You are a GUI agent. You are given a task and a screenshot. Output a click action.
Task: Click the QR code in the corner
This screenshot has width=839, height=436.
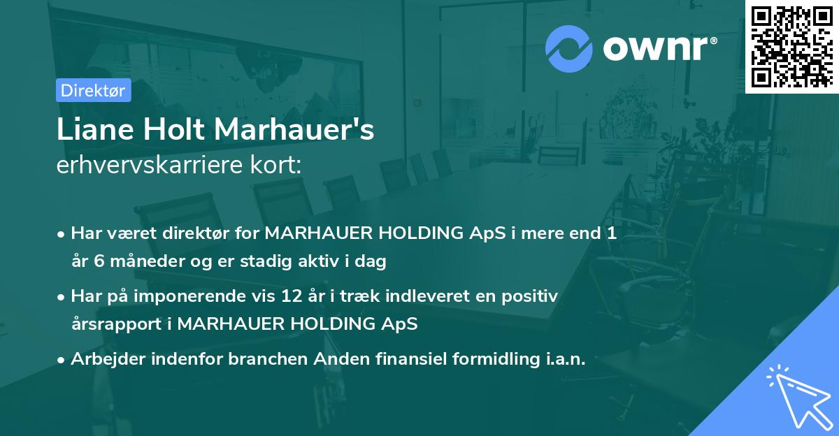click(791, 46)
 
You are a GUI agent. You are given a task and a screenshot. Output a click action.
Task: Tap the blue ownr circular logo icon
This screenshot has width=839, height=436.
click(568, 48)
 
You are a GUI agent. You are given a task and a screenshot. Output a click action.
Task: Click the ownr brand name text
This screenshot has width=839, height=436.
click(656, 48)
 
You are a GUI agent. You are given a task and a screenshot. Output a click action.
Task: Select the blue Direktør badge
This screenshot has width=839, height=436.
click(93, 90)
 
